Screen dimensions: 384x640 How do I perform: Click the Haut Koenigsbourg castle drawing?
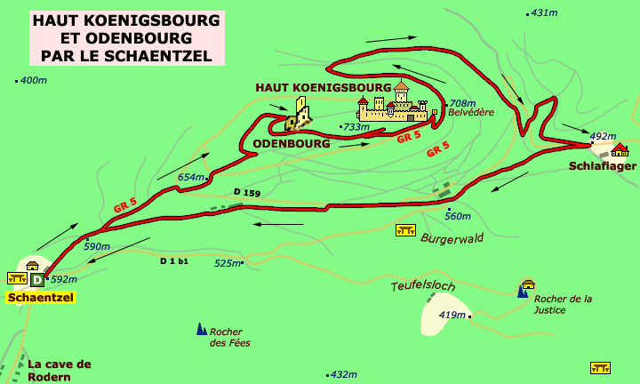pyautogui.click(x=392, y=106)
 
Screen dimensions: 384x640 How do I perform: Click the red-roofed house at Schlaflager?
pyautogui.click(x=620, y=149)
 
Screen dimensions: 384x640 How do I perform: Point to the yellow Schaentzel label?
pyautogui.click(x=40, y=298)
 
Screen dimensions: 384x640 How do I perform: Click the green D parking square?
pyautogui.click(x=36, y=280)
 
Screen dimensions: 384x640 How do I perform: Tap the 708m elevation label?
pyautogui.click(x=462, y=103)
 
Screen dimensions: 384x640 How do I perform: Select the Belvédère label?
pyautogui.click(x=470, y=113)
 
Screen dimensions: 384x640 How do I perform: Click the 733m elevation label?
pyautogui.click(x=356, y=127)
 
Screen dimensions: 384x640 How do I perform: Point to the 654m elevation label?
pyautogui.click(x=190, y=178)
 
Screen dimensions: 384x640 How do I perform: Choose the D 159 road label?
pyautogui.click(x=246, y=193)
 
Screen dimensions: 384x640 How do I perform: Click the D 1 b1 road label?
pyautogui.click(x=174, y=260)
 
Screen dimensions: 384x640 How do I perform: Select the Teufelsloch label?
pyautogui.click(x=422, y=286)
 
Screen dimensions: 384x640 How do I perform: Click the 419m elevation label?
pyautogui.click(x=452, y=316)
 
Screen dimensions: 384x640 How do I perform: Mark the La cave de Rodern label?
pyautogui.click(x=60, y=370)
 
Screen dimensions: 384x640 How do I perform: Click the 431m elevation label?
pyautogui.click(x=543, y=13)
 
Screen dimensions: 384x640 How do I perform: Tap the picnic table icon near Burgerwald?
pyautogui.click(x=405, y=230)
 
